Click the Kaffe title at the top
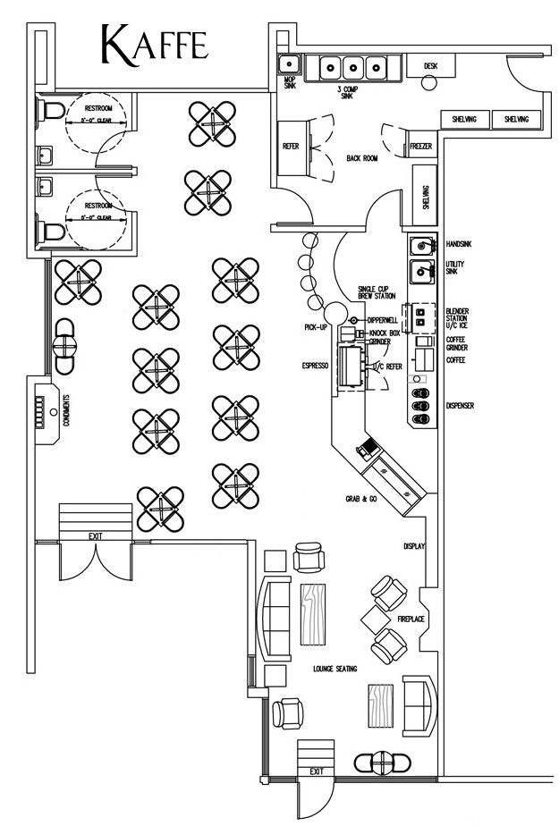click(x=156, y=45)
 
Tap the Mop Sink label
click(x=289, y=83)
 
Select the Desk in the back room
click(x=429, y=64)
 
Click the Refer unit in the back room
click(x=290, y=147)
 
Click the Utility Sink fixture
click(x=422, y=270)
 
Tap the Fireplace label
click(x=411, y=619)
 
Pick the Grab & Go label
click(x=361, y=498)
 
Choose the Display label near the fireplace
click(x=413, y=546)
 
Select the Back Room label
click(x=362, y=158)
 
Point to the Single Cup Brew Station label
click(x=376, y=292)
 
